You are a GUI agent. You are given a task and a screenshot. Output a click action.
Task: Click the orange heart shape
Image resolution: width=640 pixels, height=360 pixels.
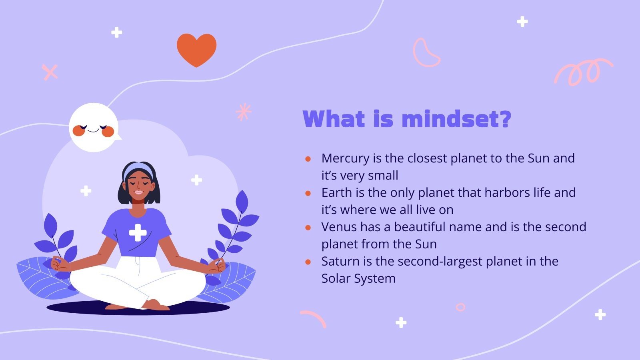(196, 49)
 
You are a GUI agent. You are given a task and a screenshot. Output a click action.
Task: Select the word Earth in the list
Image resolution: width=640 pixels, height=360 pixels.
(337, 192)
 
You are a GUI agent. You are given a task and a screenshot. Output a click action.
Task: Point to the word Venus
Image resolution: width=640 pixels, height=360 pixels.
(339, 227)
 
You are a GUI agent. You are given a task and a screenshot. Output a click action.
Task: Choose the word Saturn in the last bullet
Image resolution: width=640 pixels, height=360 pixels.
(340, 261)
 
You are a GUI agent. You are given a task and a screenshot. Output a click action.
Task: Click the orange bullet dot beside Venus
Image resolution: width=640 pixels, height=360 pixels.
(308, 228)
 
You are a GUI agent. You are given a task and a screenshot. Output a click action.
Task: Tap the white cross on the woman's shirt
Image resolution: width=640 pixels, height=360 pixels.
(138, 232)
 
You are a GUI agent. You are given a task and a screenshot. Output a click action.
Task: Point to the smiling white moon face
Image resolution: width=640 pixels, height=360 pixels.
(94, 128)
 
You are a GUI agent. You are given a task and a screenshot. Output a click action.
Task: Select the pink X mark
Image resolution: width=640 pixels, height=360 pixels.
(50, 72)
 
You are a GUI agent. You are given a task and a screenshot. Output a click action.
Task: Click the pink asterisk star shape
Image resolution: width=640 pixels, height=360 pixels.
(244, 112)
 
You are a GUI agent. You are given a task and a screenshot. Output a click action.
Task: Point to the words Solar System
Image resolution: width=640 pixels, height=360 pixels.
(358, 278)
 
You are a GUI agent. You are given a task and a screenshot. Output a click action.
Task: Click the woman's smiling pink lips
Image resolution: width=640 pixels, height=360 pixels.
(139, 192)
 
